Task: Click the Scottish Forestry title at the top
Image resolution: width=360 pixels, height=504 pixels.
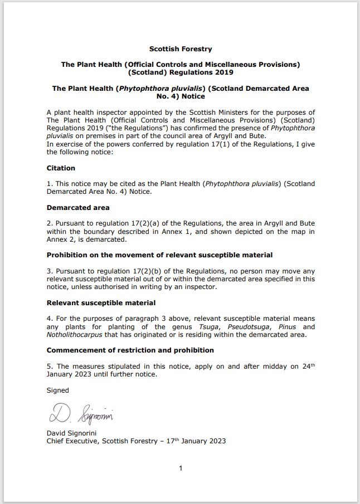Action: click(181, 49)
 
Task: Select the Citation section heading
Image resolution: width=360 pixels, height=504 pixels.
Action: click(61, 168)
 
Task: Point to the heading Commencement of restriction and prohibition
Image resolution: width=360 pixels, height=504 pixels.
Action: click(130, 350)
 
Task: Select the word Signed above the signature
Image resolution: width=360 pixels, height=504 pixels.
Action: click(57, 390)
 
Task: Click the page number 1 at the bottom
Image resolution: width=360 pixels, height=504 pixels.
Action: click(181, 468)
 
